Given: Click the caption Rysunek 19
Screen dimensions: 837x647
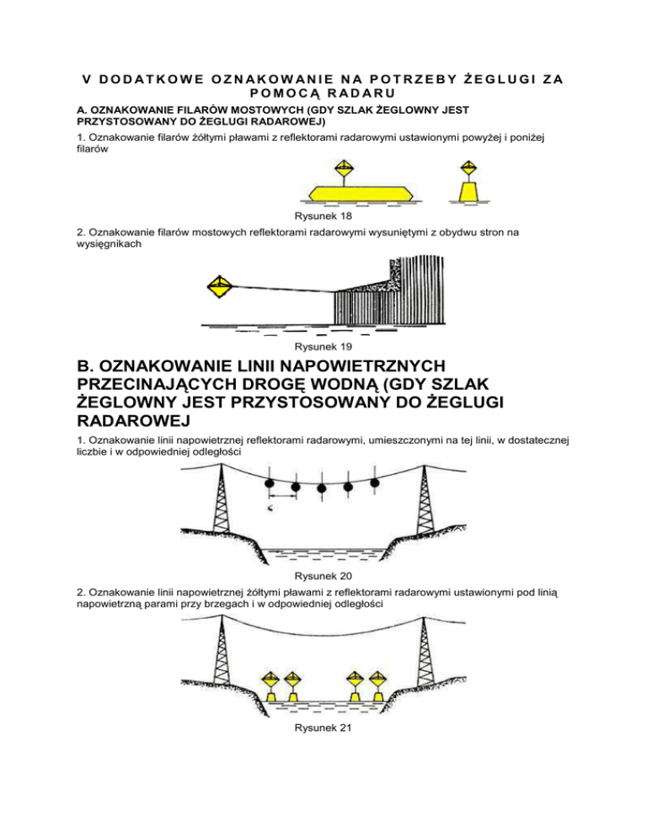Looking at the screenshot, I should coord(323,346).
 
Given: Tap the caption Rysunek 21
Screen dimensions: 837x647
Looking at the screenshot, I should coord(323,728).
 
